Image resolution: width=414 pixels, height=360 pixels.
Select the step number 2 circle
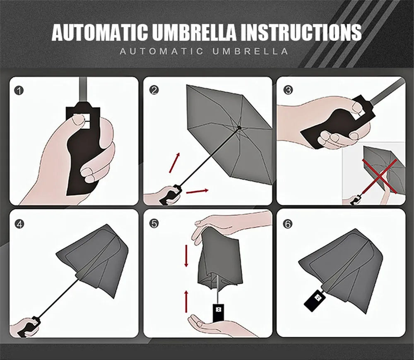pyautogui.click(x=154, y=90)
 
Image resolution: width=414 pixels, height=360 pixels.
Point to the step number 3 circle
pyautogui.click(x=288, y=90)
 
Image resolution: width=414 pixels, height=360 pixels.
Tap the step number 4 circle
pyautogui.click(x=19, y=223)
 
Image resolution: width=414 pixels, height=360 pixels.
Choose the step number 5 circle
pyautogui.click(x=154, y=223)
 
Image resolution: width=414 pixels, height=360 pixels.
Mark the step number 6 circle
pyautogui.click(x=288, y=223)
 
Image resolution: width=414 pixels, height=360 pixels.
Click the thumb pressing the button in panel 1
pyautogui.click(x=78, y=121)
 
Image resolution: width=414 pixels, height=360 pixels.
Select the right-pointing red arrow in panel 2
pyautogui.click(x=197, y=191)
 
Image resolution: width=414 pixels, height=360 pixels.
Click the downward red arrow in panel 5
pyautogui.click(x=186, y=256)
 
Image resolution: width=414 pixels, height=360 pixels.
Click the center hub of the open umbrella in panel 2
pyautogui.click(x=239, y=128)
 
